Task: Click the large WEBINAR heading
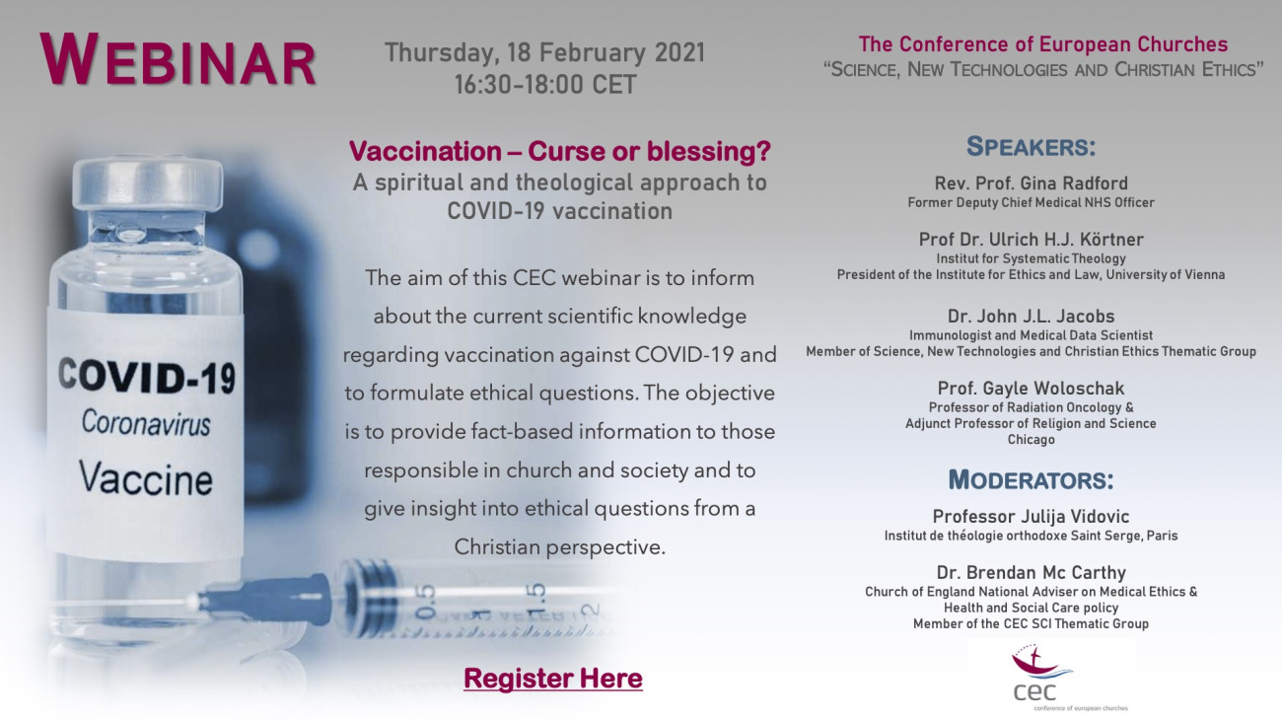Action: tap(178, 60)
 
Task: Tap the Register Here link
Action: tap(553, 678)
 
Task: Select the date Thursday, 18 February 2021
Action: tap(544, 52)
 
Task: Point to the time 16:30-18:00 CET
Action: tap(544, 85)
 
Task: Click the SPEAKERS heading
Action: tap(1031, 147)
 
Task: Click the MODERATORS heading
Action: tap(1031, 479)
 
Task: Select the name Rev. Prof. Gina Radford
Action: tap(1031, 183)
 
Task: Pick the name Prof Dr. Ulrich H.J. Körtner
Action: tap(1031, 239)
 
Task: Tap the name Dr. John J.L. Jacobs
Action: tap(1031, 316)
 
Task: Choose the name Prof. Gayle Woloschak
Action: tap(1031, 388)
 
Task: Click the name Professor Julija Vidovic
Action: tap(1031, 516)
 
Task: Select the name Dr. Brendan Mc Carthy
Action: tap(1031, 572)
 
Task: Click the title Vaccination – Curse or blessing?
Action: tap(560, 151)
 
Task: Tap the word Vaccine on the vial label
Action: tap(145, 477)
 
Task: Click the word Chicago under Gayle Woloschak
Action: tap(1031, 440)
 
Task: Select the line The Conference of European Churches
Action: tap(1042, 44)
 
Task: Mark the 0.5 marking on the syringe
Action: tap(426, 602)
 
